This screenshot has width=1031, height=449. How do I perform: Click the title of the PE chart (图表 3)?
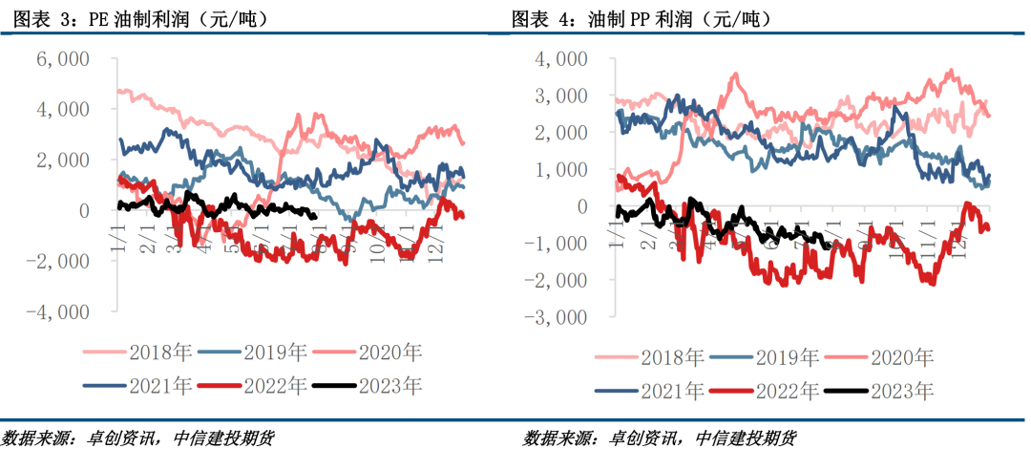(135, 18)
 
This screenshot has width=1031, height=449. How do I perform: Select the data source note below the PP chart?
(660, 438)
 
